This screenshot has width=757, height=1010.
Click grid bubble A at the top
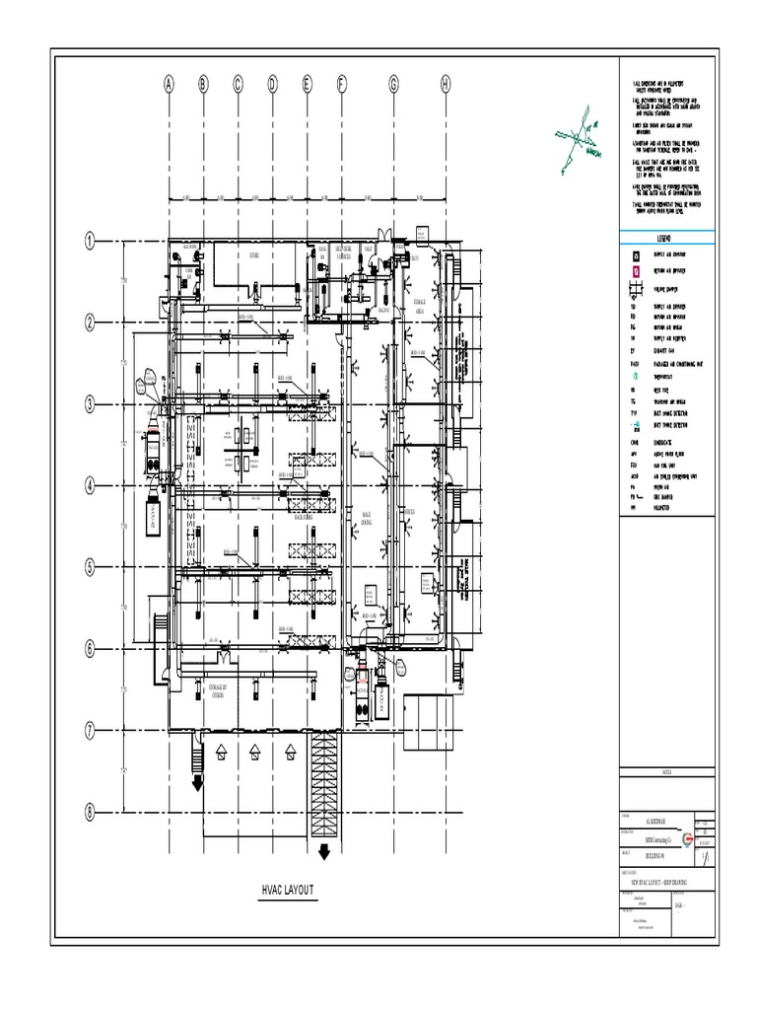(x=169, y=85)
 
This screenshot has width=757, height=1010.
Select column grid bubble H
(x=446, y=85)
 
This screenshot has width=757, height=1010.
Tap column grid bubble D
(x=272, y=85)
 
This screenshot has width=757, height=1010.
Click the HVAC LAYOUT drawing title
(x=288, y=890)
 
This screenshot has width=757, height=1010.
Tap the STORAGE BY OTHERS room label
(x=218, y=689)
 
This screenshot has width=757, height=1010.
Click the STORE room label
(x=253, y=255)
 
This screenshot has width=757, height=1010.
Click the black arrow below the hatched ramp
(x=323, y=851)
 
